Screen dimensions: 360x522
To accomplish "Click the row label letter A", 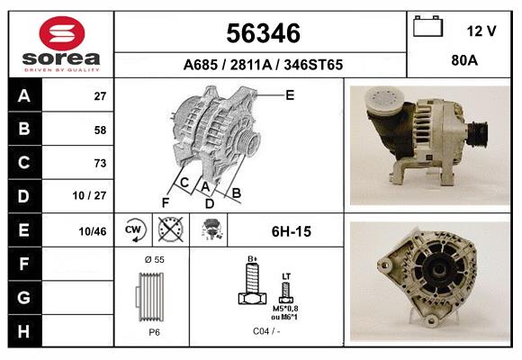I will point(23,95).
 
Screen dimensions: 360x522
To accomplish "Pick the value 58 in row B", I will point(99,130).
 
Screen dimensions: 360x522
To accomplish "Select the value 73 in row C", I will point(99,163).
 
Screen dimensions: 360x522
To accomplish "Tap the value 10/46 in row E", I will point(93,231).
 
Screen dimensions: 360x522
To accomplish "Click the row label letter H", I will point(23,331).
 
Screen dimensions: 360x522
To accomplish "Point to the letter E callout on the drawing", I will point(290,94).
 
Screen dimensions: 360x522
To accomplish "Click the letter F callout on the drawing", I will point(166,202).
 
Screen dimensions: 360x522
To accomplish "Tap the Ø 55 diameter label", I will point(152,259).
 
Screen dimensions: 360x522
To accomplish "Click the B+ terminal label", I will point(253,259).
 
